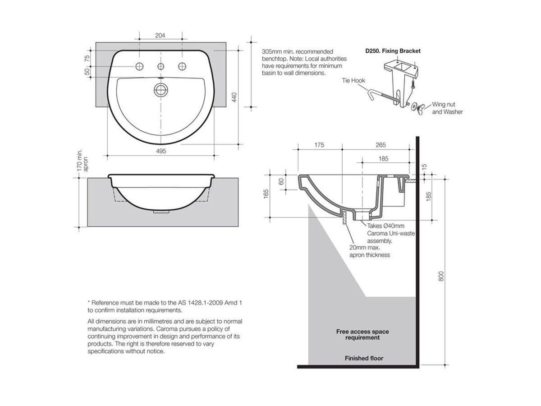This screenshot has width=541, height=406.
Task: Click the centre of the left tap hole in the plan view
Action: pos(139,66)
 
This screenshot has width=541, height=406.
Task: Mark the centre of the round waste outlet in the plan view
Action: pos(161,90)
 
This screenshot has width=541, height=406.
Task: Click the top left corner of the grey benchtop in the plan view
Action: pos(96,42)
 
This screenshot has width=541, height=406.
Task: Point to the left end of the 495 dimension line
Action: pos(107,156)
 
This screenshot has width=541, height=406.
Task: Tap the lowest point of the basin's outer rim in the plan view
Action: pos(161,144)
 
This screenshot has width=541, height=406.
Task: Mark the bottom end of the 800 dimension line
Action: pos(445,364)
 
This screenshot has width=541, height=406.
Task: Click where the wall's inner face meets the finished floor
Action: pos(416,365)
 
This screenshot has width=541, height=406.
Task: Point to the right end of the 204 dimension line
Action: pos(182,39)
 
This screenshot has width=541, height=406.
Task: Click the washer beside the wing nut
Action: pos(413,106)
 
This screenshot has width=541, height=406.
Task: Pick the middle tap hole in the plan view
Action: pos(160,66)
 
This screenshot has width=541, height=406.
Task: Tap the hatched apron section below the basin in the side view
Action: pos(344,217)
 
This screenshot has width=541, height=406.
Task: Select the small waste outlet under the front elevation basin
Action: pos(161,212)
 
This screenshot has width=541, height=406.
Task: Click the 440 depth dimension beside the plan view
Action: pos(234,97)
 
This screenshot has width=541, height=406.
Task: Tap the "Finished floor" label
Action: pos(364,358)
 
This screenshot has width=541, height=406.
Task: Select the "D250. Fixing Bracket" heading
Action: pos(393,51)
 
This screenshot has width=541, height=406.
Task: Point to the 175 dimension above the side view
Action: pos(319,145)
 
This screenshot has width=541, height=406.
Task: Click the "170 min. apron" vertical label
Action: pos(83,160)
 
